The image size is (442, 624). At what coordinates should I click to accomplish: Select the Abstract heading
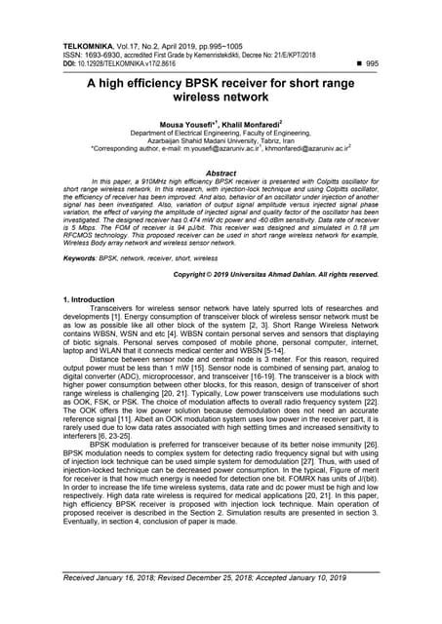(221, 171)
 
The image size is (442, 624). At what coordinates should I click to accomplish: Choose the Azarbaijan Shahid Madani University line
(221, 143)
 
